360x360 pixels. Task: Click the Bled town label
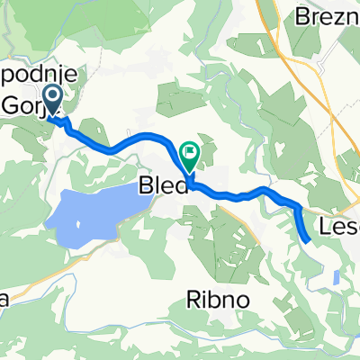click(x=163, y=187)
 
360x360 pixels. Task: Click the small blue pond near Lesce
click(x=335, y=278)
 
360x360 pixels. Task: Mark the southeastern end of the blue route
click(x=308, y=240)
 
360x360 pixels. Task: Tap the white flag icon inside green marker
click(x=191, y=152)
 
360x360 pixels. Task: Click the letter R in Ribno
click(x=193, y=275)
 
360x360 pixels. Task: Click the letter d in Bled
click(x=181, y=187)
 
